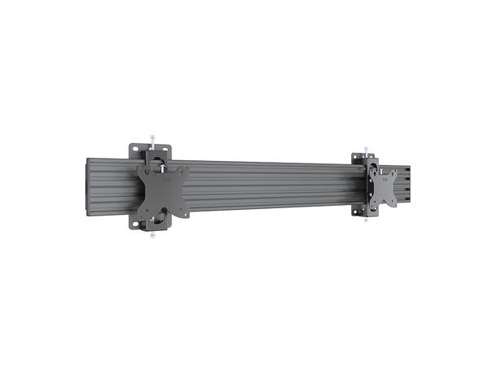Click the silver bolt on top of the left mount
tap(151, 137)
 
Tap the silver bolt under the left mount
tap(152, 237)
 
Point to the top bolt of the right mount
tap(367, 149)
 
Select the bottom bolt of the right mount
tap(367, 220)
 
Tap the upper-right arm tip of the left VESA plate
tap(185, 170)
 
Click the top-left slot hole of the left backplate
tap(136, 150)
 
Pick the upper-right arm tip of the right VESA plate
tap(394, 172)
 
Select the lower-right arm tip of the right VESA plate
tap(395, 202)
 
